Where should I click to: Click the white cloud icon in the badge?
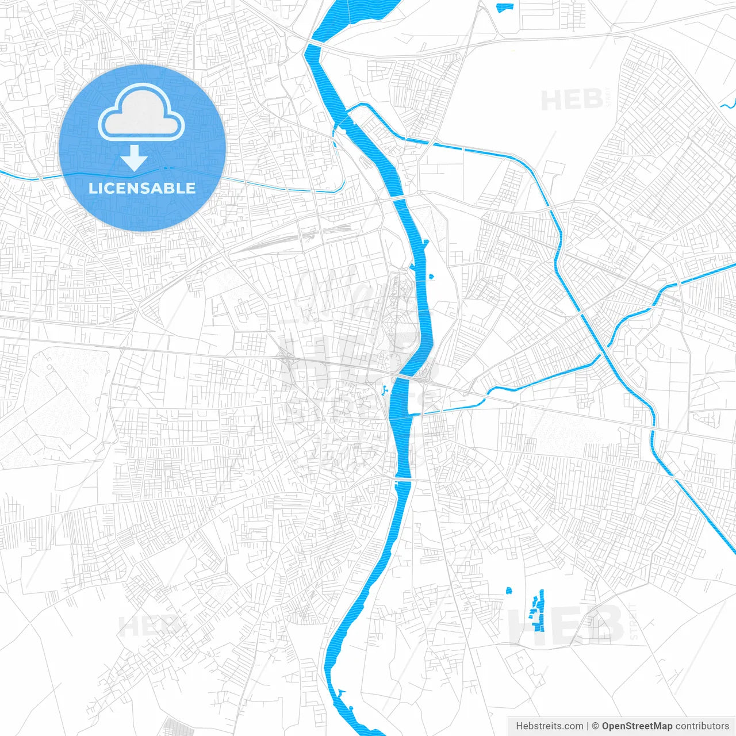(141, 113)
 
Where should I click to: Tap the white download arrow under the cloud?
(135, 158)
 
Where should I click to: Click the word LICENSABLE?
(141, 188)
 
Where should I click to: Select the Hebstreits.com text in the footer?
(549, 726)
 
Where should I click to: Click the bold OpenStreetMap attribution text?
(637, 726)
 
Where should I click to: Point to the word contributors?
(702, 726)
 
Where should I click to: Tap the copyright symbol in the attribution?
(595, 726)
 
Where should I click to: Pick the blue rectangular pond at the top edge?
(504, 7)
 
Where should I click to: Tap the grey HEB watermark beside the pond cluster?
(566, 624)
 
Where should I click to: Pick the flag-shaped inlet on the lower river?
(342, 692)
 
